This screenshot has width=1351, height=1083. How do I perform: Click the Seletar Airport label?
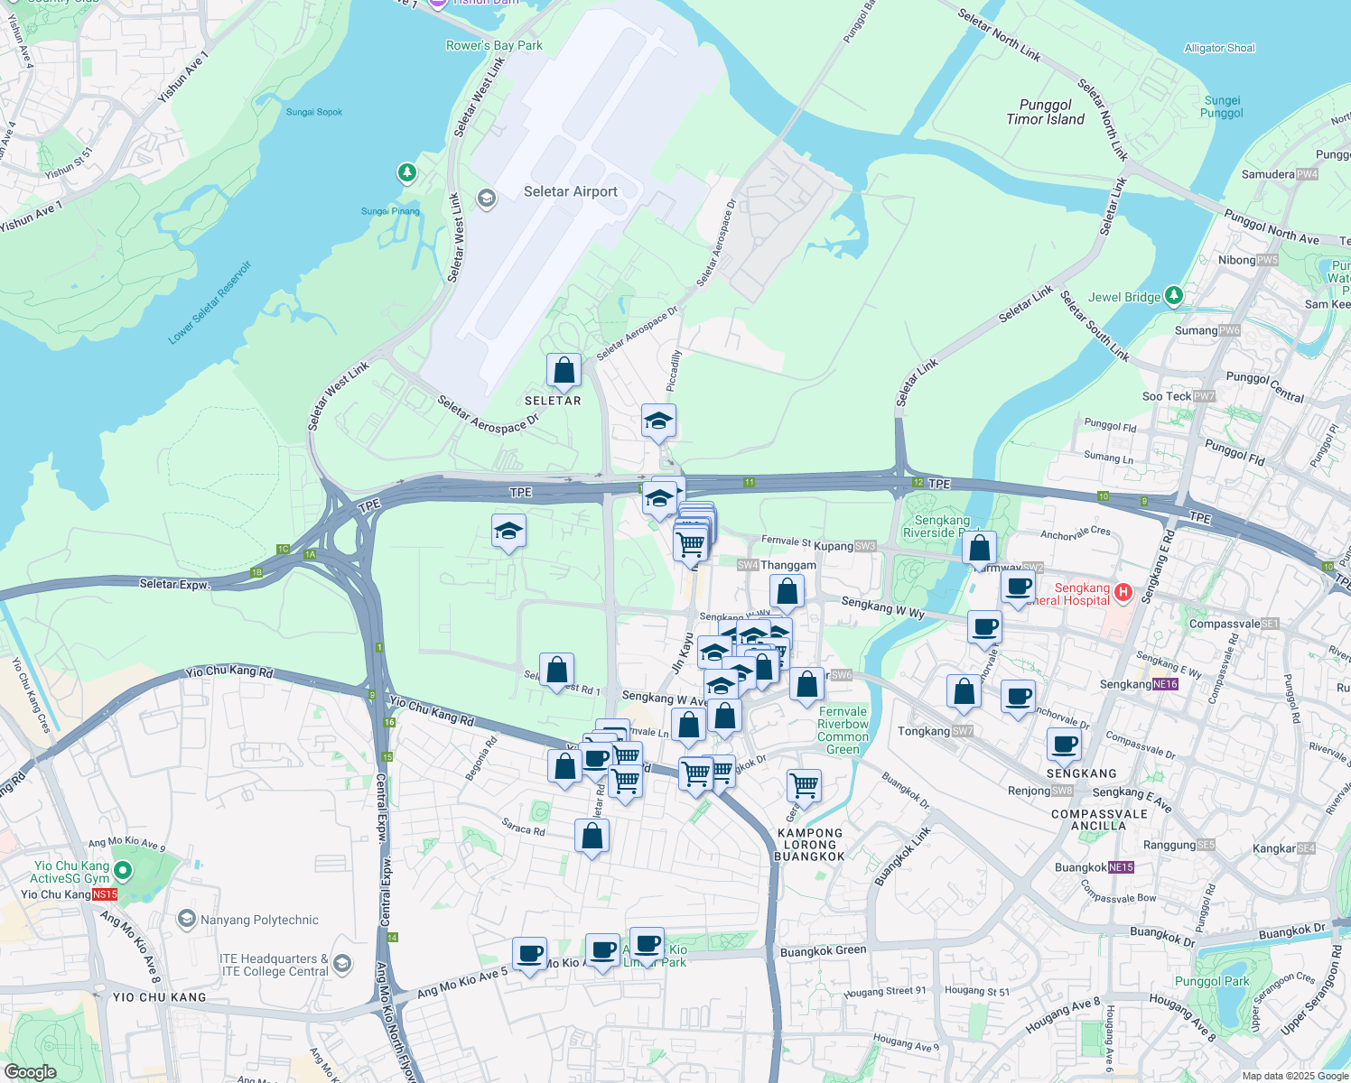pos(571,191)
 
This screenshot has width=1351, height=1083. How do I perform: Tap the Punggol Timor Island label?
pos(1046,112)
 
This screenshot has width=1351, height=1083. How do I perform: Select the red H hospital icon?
pos(1123,592)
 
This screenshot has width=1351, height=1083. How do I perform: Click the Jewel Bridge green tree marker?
pos(1173,295)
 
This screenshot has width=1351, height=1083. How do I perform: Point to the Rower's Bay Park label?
pos(494,45)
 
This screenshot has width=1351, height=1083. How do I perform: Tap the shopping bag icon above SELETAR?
pos(564,370)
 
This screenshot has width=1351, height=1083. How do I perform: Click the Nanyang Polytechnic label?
pos(259,920)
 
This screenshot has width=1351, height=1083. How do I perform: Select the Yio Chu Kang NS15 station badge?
pos(104,894)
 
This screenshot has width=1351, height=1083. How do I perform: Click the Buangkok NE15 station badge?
pos(1121,867)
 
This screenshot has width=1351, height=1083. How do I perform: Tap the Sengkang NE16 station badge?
pos(1166,684)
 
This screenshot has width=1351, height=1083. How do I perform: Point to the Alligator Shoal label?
pos(1219,48)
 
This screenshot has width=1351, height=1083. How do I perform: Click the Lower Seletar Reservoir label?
pos(210,303)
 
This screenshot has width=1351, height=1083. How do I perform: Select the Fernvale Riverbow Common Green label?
pos(843,730)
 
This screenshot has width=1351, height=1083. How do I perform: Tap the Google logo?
pos(30,1072)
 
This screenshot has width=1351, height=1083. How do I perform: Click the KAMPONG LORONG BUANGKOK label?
pos(809,845)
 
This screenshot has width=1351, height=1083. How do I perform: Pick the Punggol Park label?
pos(1212,981)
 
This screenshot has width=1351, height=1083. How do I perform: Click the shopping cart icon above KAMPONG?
pos(804,784)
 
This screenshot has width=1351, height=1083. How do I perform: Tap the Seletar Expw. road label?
pos(174,584)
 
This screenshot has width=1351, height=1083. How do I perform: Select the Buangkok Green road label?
pos(823,950)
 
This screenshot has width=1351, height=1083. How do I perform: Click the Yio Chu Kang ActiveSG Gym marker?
pos(123,871)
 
